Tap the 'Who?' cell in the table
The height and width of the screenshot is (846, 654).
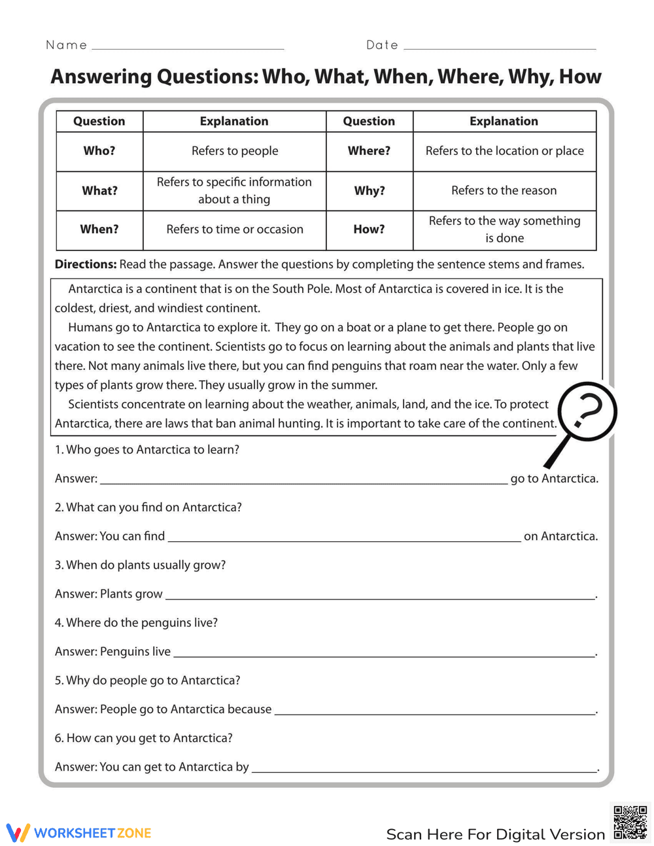coord(99,151)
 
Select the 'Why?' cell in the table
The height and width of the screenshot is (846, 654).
coord(370,191)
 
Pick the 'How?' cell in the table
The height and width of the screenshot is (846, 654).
coord(370,229)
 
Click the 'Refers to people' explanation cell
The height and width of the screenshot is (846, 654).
coord(235,151)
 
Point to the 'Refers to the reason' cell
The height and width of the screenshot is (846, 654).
coord(504,191)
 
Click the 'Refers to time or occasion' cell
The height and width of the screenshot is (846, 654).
coord(235,229)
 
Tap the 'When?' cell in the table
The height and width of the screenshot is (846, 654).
coord(99,229)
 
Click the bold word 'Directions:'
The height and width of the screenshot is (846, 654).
coord(86,264)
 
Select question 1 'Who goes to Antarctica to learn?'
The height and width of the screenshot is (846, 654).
coord(147,450)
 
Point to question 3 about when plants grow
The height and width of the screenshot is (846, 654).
coord(141,565)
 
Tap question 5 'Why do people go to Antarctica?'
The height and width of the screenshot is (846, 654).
coord(148,681)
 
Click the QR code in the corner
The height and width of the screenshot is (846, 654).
coord(630,822)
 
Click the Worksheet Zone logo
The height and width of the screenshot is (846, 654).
coord(79,833)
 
